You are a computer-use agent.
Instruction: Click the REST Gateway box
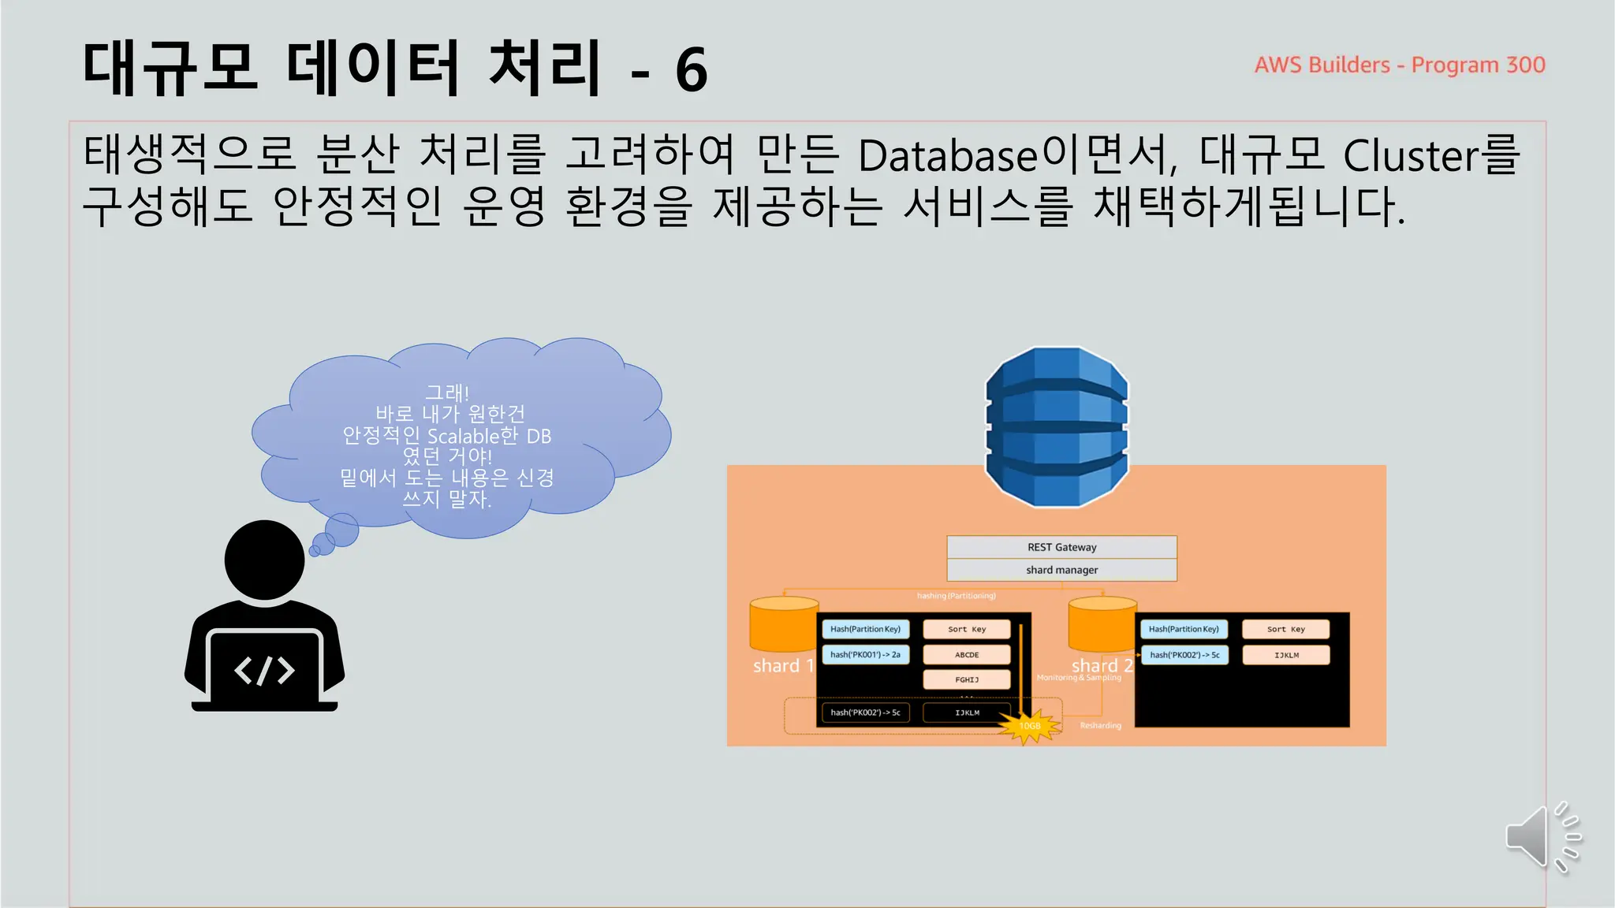(x=1061, y=547)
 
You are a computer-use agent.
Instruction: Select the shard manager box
(x=1061, y=570)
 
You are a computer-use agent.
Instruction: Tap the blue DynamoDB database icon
(x=1057, y=426)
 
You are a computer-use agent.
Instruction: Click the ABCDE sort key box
(x=967, y=655)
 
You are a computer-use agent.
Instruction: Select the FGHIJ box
(x=967, y=679)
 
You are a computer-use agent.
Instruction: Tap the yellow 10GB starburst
(x=1029, y=725)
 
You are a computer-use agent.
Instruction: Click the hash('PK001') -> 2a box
(x=865, y=655)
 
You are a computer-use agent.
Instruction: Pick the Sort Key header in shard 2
(x=1285, y=629)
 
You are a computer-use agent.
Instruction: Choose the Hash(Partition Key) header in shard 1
(x=865, y=629)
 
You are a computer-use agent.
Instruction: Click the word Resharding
(x=1100, y=725)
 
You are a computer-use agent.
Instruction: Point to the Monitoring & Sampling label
(x=1078, y=678)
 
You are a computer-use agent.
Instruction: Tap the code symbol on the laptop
(x=264, y=671)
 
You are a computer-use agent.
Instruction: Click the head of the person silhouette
(x=264, y=560)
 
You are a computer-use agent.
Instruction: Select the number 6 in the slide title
(x=691, y=71)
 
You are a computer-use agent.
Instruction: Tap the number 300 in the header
(x=1525, y=65)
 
